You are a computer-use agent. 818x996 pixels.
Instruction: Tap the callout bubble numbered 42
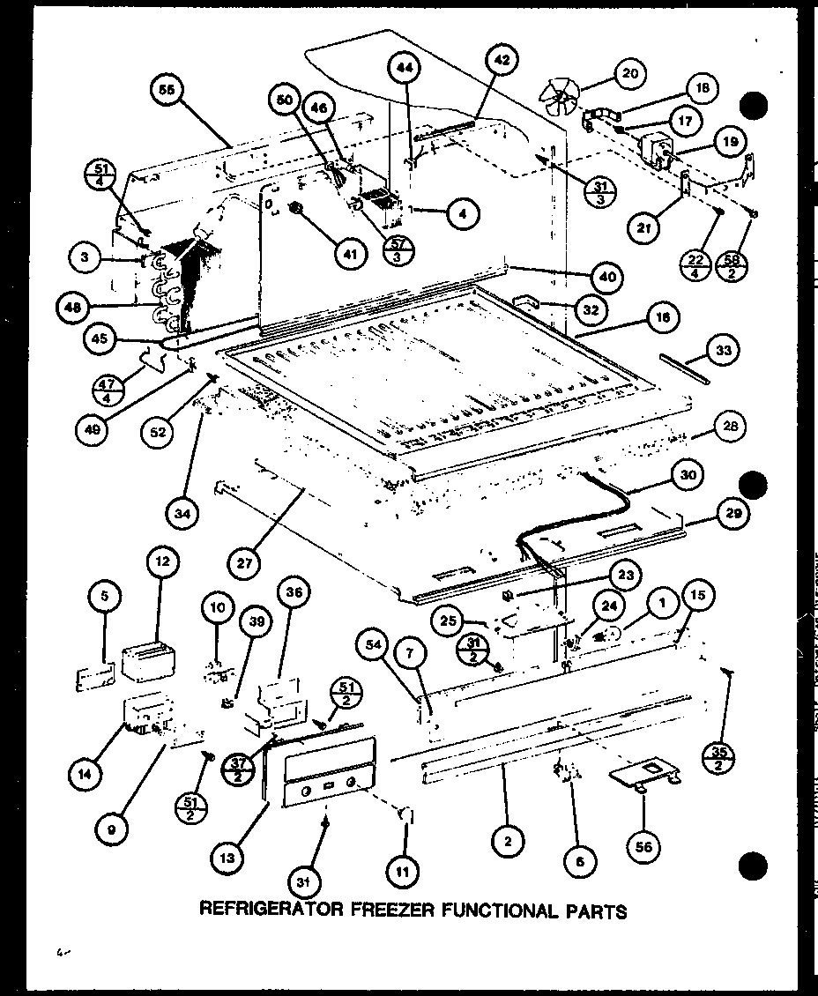coord(500,62)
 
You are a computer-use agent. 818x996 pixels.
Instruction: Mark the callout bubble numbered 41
coord(350,253)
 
